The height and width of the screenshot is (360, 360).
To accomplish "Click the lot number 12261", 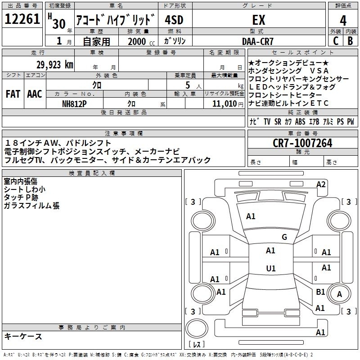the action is coord(22,19).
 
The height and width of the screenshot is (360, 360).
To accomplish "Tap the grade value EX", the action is coord(259,20).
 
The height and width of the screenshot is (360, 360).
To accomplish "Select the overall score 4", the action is coord(343,20).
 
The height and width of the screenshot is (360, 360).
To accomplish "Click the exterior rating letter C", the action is coord(336,41).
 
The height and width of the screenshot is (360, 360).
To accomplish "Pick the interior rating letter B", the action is coord(350,41).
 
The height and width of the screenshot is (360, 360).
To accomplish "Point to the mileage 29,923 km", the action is coord(55,65).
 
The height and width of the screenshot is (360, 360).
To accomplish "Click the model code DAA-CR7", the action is coord(258,41).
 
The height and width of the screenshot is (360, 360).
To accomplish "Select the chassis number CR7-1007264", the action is coord(302,143).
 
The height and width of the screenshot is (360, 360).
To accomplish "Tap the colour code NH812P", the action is coord(74,104).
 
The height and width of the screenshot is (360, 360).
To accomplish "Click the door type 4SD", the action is coord(174,20).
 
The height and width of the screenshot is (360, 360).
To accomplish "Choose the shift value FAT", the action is coord(13,94).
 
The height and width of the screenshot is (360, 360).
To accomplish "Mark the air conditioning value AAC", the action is coord(35,94).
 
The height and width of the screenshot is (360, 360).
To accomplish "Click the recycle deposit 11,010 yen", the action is coord(228,104).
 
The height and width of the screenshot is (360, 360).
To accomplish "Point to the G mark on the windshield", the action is coord(284,237).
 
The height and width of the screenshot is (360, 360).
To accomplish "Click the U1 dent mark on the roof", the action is coord(271,268).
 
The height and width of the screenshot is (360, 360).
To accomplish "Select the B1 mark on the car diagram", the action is coord(320,292).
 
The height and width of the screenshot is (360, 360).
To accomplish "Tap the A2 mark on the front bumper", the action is coord(321,184).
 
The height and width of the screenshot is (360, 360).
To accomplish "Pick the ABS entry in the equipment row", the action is coord(300,121).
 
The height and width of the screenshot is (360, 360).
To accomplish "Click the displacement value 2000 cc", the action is coord(141,41).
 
